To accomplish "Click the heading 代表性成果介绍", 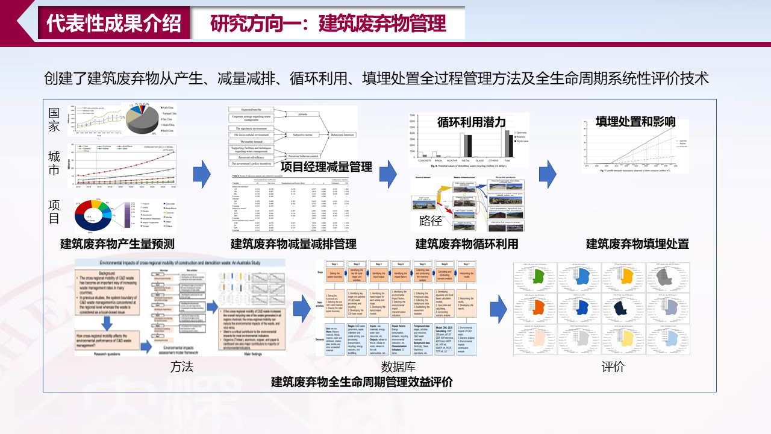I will [114, 23].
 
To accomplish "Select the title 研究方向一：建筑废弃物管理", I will [328, 23].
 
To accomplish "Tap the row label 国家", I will [54, 119].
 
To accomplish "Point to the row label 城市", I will [54, 163].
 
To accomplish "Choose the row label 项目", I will [54, 212].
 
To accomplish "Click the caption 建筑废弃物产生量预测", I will [117, 244].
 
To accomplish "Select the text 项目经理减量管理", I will [326, 167].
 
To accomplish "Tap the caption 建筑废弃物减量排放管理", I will [293, 244].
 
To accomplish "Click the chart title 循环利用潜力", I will [472, 122].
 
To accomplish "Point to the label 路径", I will [430, 221].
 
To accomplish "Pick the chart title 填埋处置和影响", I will [635, 122].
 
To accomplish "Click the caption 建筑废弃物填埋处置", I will [637, 244].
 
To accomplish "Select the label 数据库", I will [397, 366].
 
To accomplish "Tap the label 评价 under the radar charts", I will [613, 366].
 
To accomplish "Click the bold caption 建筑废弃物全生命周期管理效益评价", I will [362, 382].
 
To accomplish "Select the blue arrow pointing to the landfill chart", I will [547, 174].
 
